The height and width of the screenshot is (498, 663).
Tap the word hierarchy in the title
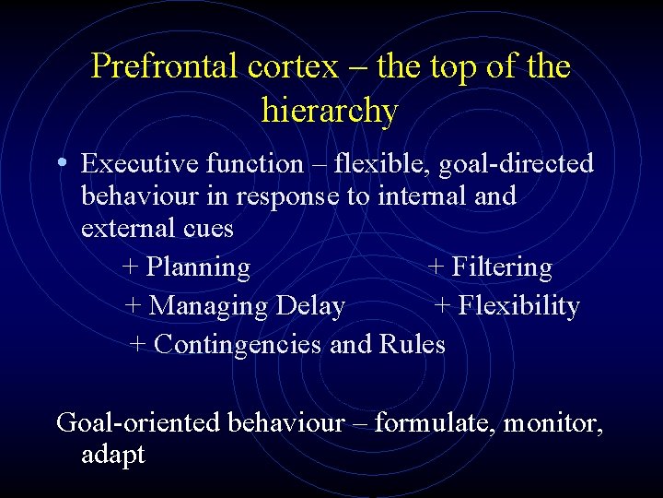click(330, 111)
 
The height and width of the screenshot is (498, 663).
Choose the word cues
click(209, 228)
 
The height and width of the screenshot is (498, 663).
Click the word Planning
click(198, 267)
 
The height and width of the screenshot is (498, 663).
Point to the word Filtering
click(501, 267)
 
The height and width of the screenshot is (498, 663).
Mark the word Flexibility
click(518, 306)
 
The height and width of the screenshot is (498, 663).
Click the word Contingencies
click(238, 344)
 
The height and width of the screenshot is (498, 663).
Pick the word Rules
click(412, 344)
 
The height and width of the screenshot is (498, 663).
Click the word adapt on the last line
click(112, 455)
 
